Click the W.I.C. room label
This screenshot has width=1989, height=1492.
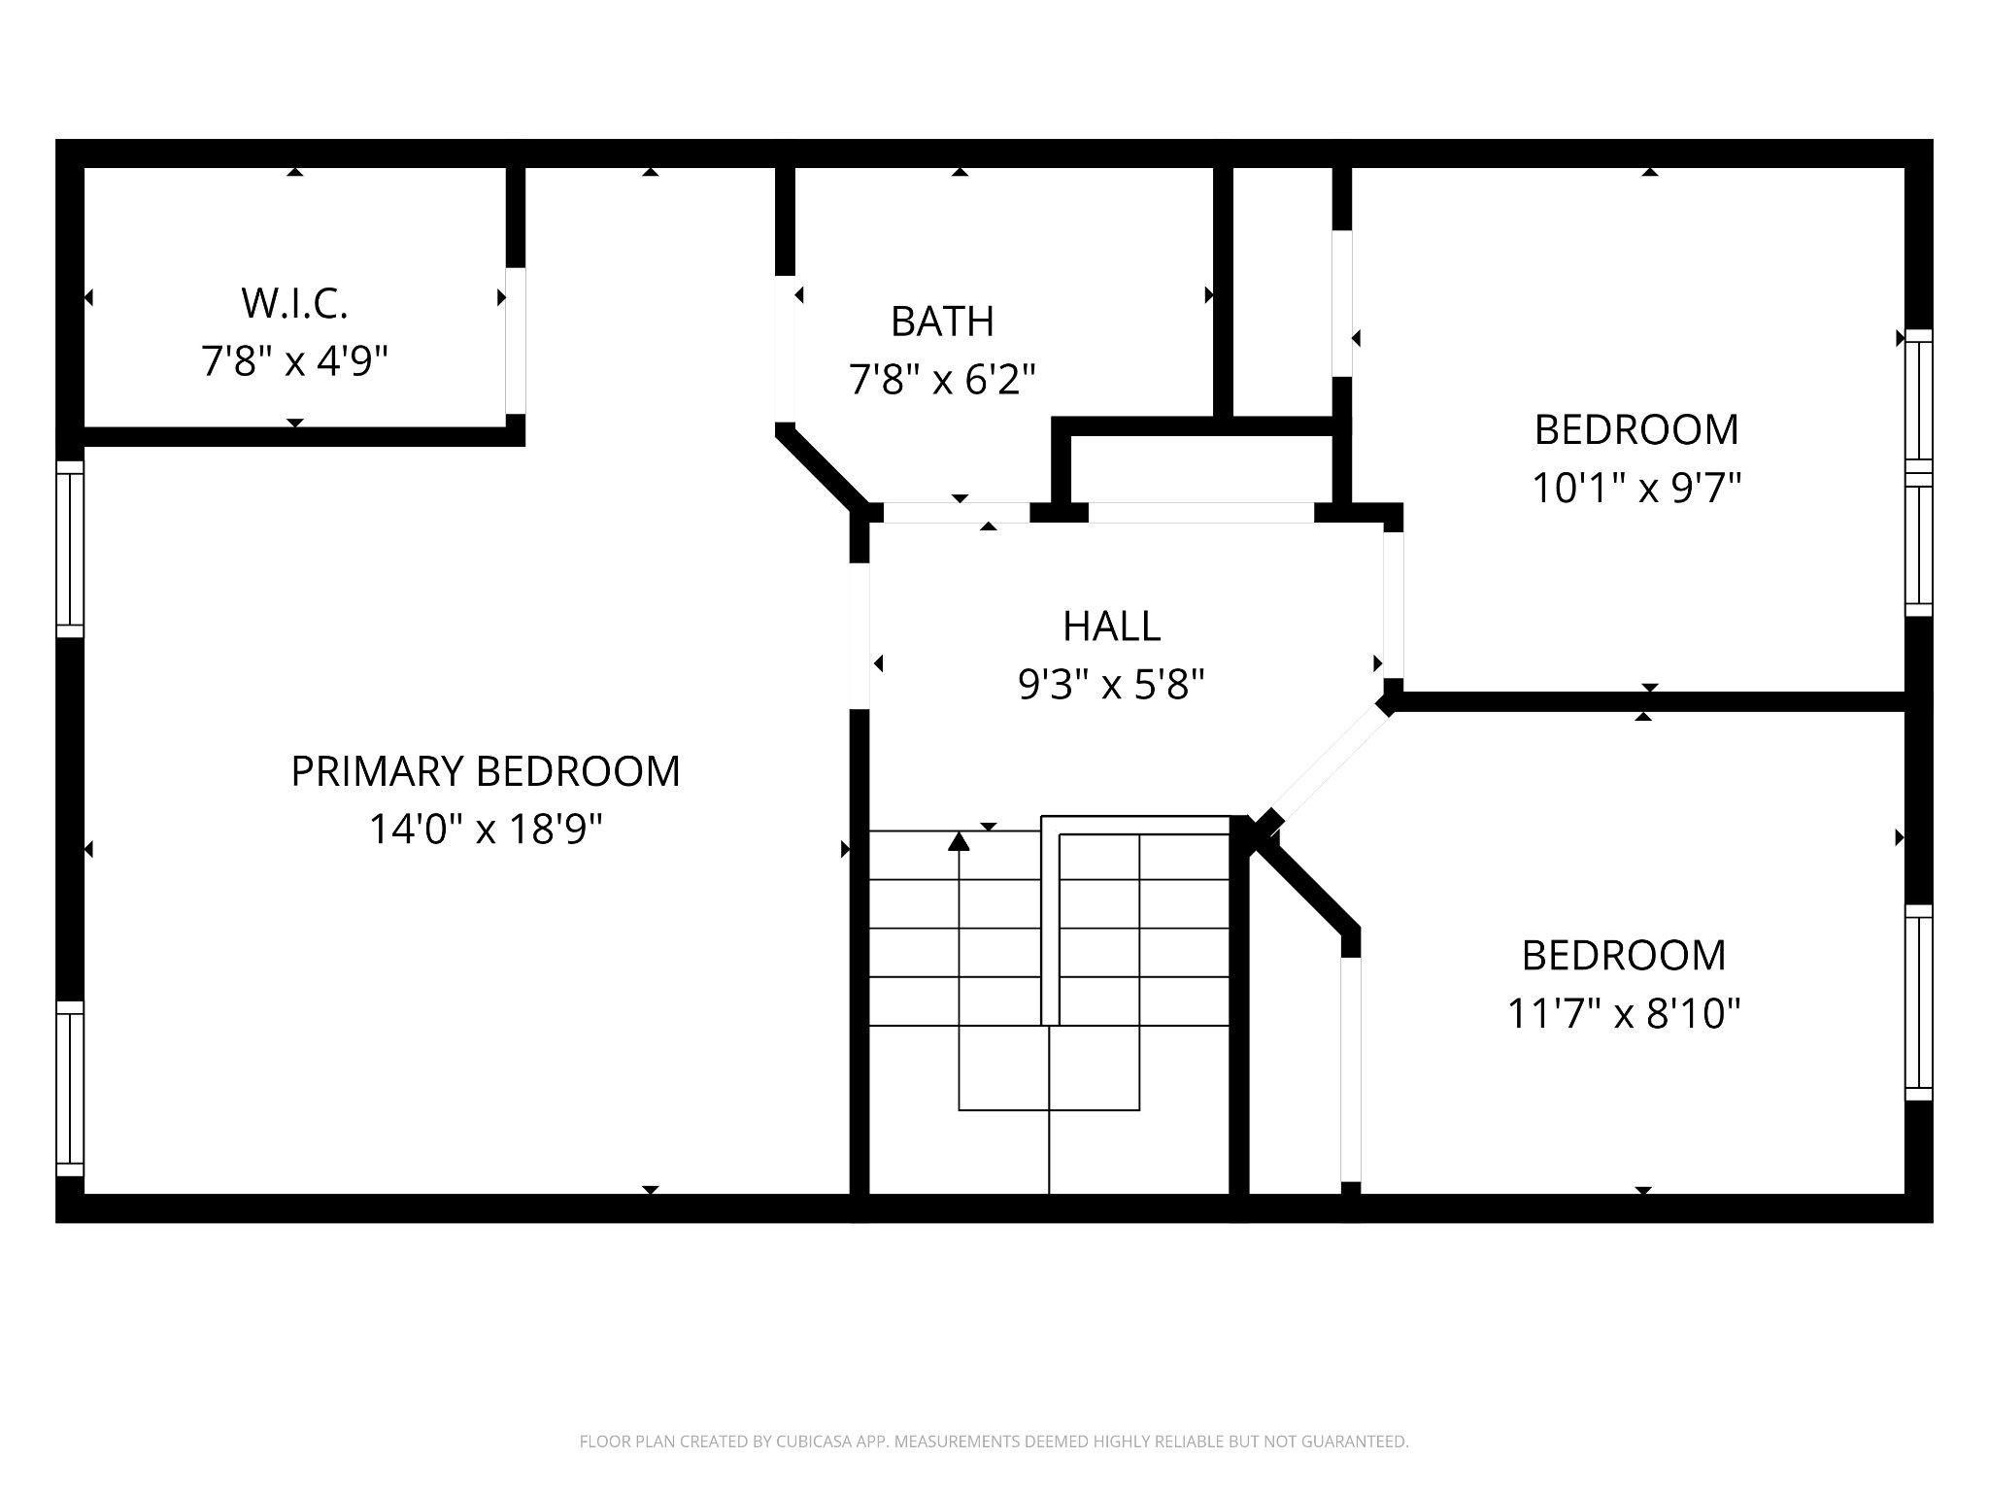[294, 303]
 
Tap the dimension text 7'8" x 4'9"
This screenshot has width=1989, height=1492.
[294, 361]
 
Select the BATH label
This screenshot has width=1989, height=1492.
[942, 322]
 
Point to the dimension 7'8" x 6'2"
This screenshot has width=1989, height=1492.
[942, 379]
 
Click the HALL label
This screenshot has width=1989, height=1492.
[1111, 627]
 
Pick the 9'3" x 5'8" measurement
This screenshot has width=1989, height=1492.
[1111, 685]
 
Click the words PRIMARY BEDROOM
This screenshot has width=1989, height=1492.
[486, 771]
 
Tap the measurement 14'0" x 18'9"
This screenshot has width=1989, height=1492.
[486, 830]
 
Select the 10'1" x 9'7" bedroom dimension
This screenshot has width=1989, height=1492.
[1635, 488]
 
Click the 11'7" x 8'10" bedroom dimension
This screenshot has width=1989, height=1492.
[1623, 1014]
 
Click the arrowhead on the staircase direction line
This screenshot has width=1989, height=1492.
[959, 840]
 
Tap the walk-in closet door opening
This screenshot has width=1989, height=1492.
[516, 340]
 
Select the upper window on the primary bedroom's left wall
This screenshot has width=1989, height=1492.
[70, 549]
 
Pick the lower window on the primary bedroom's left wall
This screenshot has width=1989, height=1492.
[70, 1088]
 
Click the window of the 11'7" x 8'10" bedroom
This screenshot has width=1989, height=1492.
[1918, 1002]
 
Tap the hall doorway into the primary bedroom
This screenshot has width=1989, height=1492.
[859, 635]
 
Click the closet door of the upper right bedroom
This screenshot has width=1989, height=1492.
[1341, 303]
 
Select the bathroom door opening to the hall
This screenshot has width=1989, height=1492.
[956, 513]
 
